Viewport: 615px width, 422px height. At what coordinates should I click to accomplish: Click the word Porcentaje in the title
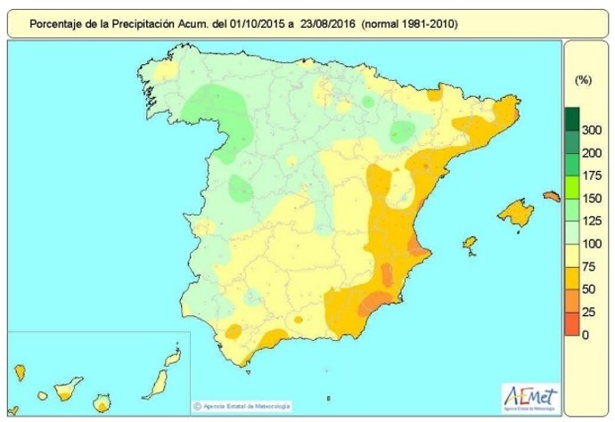click(59, 25)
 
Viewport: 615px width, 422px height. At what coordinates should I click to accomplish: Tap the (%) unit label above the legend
click(584, 80)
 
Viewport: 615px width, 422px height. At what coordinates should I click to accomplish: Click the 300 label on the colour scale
click(589, 130)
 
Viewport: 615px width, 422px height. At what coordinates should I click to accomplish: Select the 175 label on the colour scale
click(589, 175)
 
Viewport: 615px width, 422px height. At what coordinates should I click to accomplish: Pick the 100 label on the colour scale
click(589, 243)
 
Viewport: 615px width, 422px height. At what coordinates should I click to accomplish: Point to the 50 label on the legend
click(589, 288)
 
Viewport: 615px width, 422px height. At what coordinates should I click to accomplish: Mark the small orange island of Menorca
click(551, 196)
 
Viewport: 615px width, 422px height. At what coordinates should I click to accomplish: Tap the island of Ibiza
click(469, 241)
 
